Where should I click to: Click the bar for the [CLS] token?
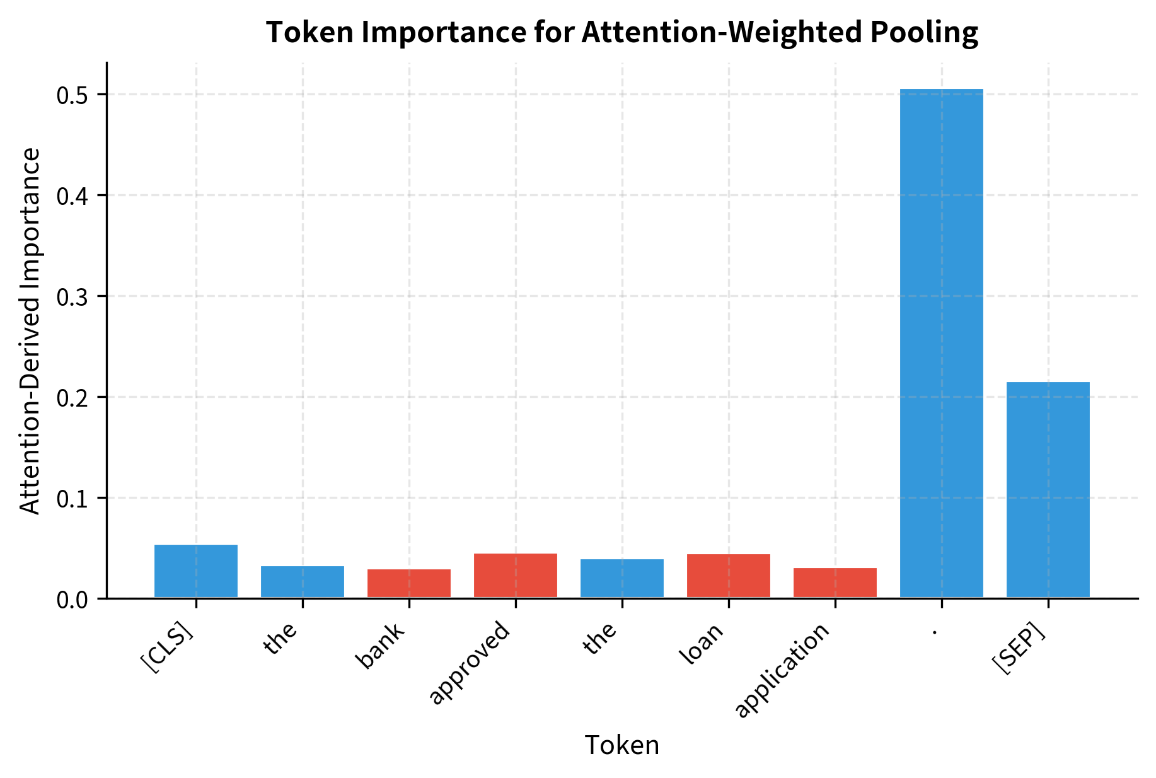click(196, 571)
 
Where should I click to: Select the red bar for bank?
click(409, 584)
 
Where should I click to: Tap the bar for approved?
click(516, 576)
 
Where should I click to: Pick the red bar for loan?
click(729, 576)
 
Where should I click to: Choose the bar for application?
click(835, 583)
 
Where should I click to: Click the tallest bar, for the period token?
click(942, 344)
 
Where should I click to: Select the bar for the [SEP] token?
click(1048, 490)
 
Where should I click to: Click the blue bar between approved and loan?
click(622, 579)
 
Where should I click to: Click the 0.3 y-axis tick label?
click(73, 297)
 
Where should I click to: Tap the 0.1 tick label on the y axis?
click(73, 499)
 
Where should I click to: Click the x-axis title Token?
click(622, 746)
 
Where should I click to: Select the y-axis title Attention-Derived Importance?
click(30, 330)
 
